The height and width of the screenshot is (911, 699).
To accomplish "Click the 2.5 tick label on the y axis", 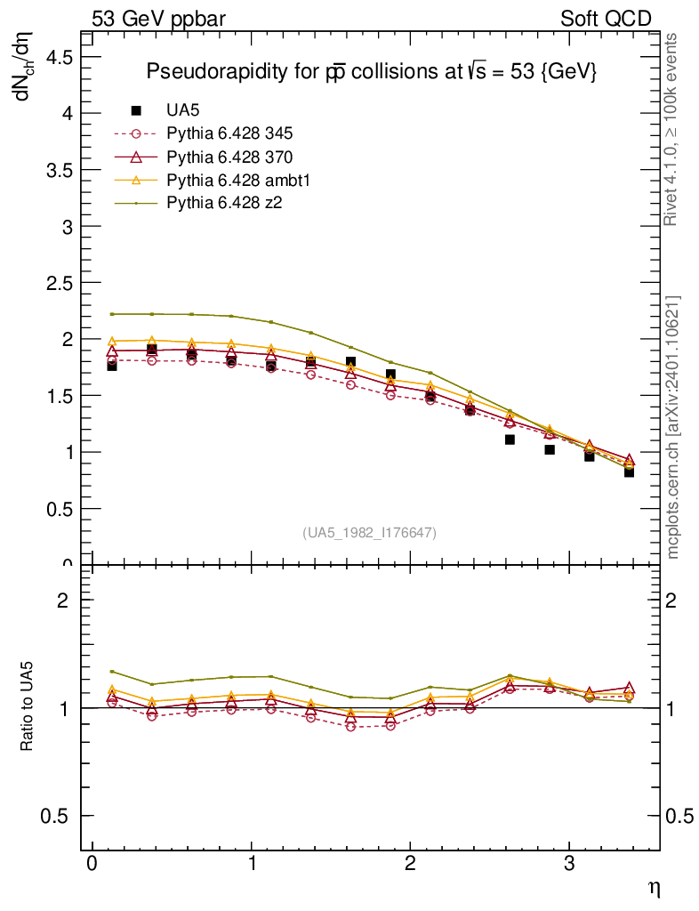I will (x=55, y=283).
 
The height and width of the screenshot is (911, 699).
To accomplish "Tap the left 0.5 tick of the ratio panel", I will (x=55, y=816).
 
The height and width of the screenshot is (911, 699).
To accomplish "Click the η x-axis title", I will (x=654, y=887).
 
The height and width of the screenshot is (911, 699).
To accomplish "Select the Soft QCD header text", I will (x=606, y=19).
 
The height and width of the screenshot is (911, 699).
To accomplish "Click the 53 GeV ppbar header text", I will (x=151, y=19).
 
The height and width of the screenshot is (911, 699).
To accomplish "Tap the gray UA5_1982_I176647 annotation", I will (x=370, y=532).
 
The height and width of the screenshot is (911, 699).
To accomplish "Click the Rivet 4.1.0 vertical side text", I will (x=672, y=129).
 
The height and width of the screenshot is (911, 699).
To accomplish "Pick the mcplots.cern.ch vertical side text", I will (x=673, y=427).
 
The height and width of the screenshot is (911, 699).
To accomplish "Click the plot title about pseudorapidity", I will (x=370, y=72).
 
